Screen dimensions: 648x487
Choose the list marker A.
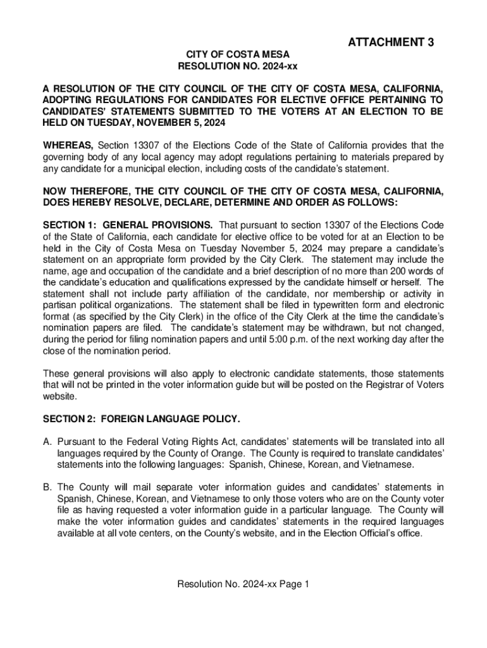(47, 442)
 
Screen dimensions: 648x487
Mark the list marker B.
(47, 487)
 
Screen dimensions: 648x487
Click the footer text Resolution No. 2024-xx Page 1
(244, 584)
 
